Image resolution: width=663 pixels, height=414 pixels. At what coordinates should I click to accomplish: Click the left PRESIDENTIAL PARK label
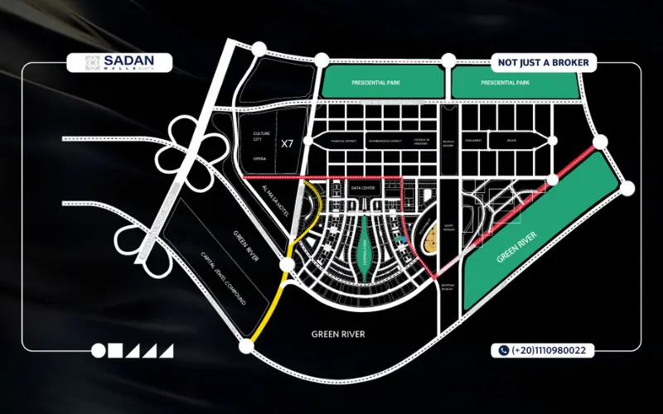click(x=378, y=84)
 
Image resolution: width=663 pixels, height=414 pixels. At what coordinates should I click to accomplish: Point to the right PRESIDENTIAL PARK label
click(x=505, y=84)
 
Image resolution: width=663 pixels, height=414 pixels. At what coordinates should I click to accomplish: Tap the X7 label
click(x=287, y=143)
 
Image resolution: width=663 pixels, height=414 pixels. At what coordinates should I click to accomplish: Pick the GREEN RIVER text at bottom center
click(x=338, y=335)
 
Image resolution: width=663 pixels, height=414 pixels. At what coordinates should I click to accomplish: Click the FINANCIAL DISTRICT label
click(x=341, y=142)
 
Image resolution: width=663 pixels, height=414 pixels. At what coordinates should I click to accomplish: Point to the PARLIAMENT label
click(x=474, y=142)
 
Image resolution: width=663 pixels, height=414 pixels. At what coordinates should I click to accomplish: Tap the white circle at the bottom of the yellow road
click(x=245, y=344)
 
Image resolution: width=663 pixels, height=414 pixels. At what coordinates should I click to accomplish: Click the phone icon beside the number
click(x=503, y=350)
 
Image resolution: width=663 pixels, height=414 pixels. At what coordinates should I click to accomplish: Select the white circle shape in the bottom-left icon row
click(x=99, y=350)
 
